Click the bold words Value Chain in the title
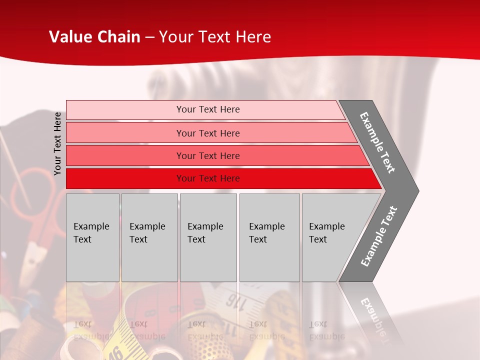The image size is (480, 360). point(94,37)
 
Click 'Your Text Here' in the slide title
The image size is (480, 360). point(215,37)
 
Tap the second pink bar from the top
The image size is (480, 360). point(207,133)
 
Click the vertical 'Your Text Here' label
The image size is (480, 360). point(58,143)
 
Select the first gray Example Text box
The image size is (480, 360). point(92,237)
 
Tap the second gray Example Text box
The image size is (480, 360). point(149,237)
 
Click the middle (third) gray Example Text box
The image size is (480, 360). point(208,237)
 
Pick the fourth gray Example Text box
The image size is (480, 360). point(269,237)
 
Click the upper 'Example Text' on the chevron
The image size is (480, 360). point(377,142)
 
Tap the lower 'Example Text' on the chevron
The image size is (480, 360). point(378,236)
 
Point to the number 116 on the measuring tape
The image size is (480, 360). point(233,300)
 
